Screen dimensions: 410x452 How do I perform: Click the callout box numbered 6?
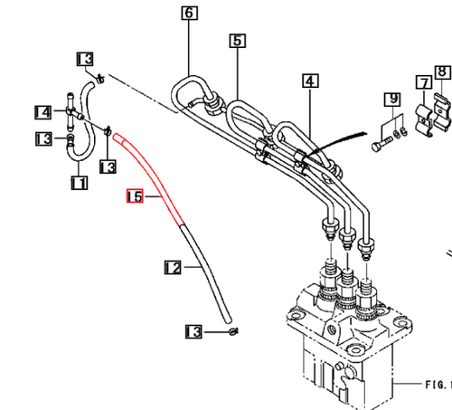(188, 14)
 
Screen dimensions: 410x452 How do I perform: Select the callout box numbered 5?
(237, 41)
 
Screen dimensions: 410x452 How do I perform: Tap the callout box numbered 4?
(310, 81)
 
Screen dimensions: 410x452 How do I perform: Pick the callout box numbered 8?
(441, 72)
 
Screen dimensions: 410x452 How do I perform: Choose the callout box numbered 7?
(421, 84)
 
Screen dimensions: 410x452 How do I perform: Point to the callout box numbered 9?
(391, 98)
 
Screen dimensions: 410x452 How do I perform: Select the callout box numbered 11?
(79, 183)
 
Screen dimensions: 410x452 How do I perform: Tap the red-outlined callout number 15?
(135, 195)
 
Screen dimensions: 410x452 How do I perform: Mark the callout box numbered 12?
(173, 267)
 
